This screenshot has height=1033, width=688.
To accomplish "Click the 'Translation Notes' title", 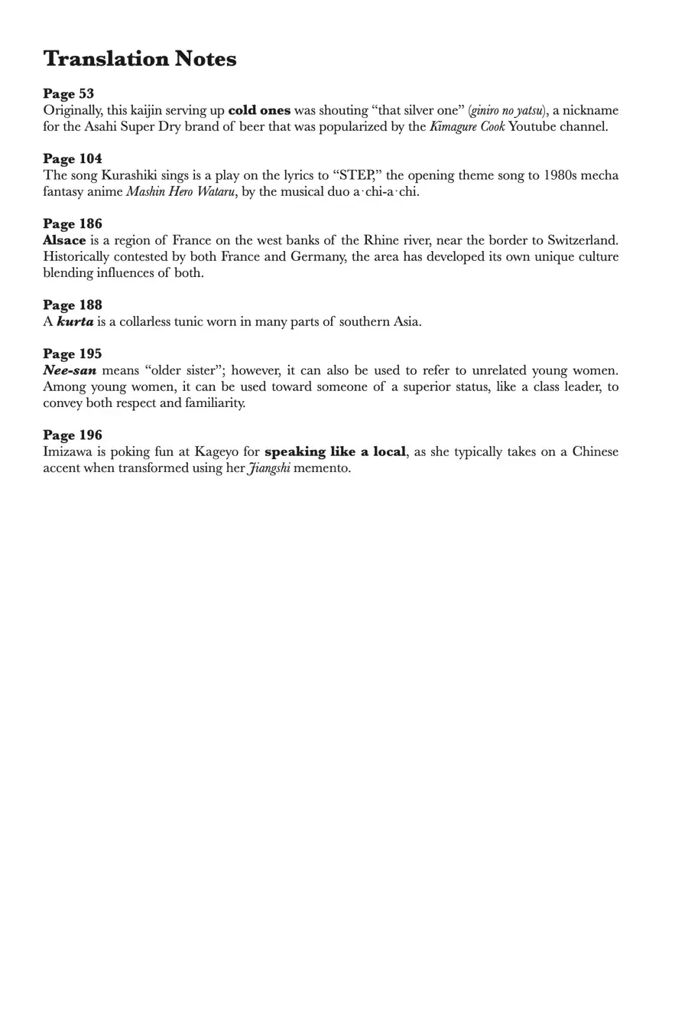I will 140,59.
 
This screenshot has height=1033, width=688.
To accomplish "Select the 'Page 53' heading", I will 68,94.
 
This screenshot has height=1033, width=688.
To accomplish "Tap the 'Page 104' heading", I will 72,159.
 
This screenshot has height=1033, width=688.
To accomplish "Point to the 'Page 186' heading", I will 72,224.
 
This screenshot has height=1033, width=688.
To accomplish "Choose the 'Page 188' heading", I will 72,305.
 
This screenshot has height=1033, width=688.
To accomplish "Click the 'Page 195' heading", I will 72,354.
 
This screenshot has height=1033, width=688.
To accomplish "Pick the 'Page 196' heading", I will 72,435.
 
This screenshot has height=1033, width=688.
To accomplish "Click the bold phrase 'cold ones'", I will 259,110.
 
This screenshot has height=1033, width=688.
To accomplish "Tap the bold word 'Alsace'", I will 64,240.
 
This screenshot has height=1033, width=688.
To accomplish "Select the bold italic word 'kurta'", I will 75,321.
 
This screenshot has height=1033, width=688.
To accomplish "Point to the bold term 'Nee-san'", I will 70,370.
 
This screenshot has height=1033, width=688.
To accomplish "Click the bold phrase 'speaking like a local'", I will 335,451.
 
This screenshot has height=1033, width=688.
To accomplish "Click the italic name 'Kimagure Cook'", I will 467,126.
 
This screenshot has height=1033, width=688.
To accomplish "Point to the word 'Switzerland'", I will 583,240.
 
